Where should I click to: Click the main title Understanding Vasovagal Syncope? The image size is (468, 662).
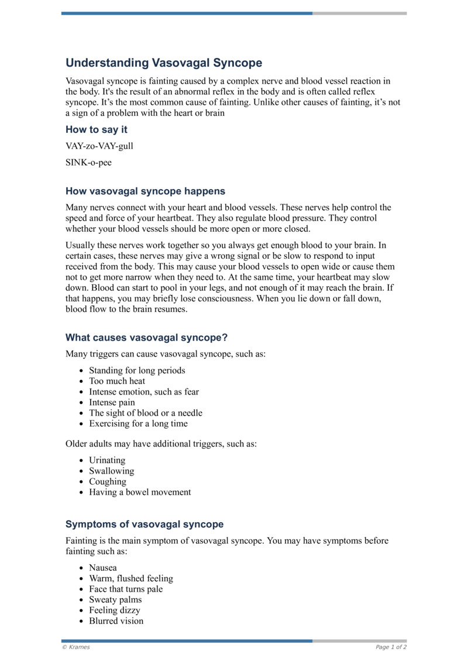(x=164, y=63)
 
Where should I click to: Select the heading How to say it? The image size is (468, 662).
(x=96, y=129)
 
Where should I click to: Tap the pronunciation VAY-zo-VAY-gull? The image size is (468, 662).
(x=99, y=146)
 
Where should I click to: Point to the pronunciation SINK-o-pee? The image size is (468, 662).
(x=88, y=163)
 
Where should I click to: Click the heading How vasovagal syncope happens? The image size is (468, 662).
(x=145, y=191)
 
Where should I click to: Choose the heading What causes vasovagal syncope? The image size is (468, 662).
(x=146, y=337)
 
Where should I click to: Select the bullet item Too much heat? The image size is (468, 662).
(x=117, y=381)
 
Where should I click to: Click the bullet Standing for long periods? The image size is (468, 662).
(x=137, y=371)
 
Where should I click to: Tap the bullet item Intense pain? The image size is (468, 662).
(x=112, y=403)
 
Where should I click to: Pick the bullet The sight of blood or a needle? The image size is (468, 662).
(x=146, y=413)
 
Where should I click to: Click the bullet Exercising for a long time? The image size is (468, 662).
(x=138, y=424)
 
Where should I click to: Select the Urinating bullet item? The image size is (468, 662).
(x=107, y=461)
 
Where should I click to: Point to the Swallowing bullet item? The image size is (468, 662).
(x=111, y=471)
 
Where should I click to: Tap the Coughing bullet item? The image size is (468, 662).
(x=108, y=482)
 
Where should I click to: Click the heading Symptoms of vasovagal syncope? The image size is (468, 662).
(x=144, y=524)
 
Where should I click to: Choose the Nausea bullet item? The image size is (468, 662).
(x=103, y=568)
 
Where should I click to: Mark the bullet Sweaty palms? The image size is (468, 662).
(x=115, y=600)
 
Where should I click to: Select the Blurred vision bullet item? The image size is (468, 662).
(x=116, y=621)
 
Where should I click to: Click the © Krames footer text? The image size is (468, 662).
(x=76, y=647)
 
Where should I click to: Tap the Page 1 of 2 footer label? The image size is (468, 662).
(x=391, y=647)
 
